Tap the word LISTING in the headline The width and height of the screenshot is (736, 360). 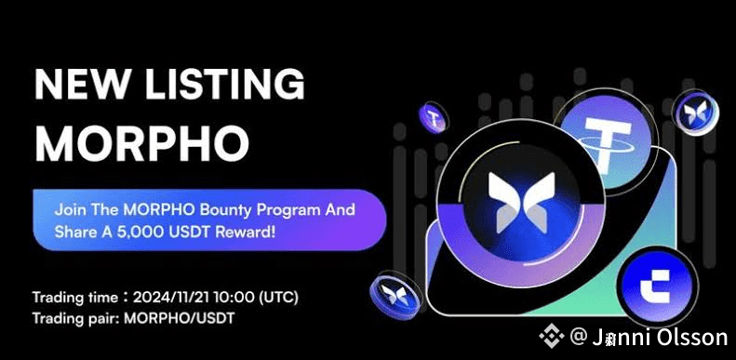225,84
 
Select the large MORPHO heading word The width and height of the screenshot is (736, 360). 141,141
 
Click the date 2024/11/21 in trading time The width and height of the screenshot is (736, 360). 173,297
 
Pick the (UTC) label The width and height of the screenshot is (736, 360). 278,297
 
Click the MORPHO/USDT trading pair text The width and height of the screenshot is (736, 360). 179,319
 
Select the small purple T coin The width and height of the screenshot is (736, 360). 434,117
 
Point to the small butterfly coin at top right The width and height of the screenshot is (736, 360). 695,113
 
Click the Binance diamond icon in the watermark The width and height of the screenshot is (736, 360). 552,335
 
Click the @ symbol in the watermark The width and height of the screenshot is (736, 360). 578,337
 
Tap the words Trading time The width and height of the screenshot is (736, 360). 75,298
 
